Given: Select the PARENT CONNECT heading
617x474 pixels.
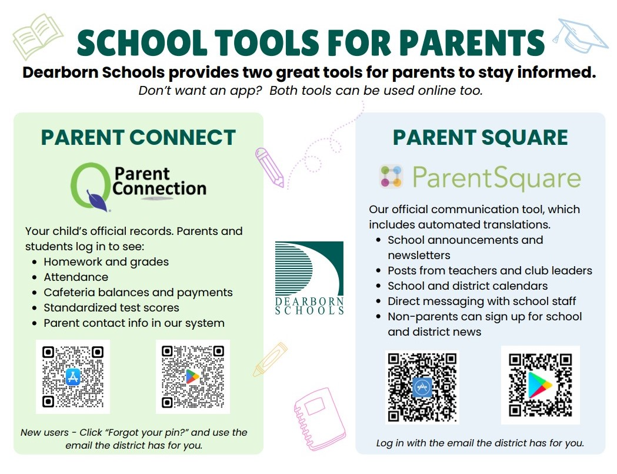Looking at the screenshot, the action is tap(138, 137).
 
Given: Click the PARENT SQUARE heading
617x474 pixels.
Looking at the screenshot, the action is tap(480, 137).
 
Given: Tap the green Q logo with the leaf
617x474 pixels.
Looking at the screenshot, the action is tap(91, 187).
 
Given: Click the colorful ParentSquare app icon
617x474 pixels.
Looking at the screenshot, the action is tap(391, 176).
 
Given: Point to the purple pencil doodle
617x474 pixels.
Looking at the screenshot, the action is tap(269, 167).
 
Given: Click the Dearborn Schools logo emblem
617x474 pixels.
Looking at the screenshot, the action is tap(309, 278).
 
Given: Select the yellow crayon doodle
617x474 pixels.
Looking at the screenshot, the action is tap(270, 359).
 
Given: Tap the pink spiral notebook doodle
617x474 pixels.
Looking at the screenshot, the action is tap(319, 419).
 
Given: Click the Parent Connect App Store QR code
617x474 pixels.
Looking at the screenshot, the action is tap(73, 377).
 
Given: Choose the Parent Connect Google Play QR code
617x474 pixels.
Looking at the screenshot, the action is tap(193, 377).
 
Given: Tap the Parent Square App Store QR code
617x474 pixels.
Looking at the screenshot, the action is tap(422, 387).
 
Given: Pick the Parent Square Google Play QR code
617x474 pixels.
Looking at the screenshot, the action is tap(541, 385).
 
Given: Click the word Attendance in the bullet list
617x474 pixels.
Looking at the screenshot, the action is tap(76, 277).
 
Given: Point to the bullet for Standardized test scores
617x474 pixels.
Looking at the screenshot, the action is tap(35, 308).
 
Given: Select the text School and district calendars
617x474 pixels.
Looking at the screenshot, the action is tap(468, 286).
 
